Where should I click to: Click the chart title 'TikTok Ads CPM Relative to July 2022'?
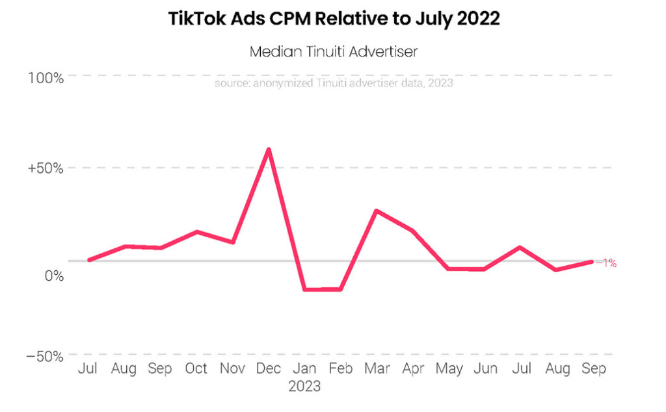pos(334,19)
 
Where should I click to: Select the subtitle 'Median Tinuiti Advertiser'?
pos(334,52)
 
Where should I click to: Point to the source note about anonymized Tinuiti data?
pos(334,83)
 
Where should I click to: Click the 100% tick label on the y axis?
pos(46,77)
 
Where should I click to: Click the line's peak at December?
pos(268,149)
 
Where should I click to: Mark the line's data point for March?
pos(376,211)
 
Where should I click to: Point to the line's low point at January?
pos(304,289)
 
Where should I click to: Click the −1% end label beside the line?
pos(609,264)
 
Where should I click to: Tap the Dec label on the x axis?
pos(268,369)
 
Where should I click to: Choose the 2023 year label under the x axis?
pos(304,387)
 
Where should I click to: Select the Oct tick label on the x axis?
pos(196,369)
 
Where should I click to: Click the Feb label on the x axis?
pos(340,369)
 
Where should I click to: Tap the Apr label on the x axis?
pos(412,369)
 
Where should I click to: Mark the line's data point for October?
pos(196,231)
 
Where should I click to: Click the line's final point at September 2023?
pos(591,262)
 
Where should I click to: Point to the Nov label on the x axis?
pos(232,369)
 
